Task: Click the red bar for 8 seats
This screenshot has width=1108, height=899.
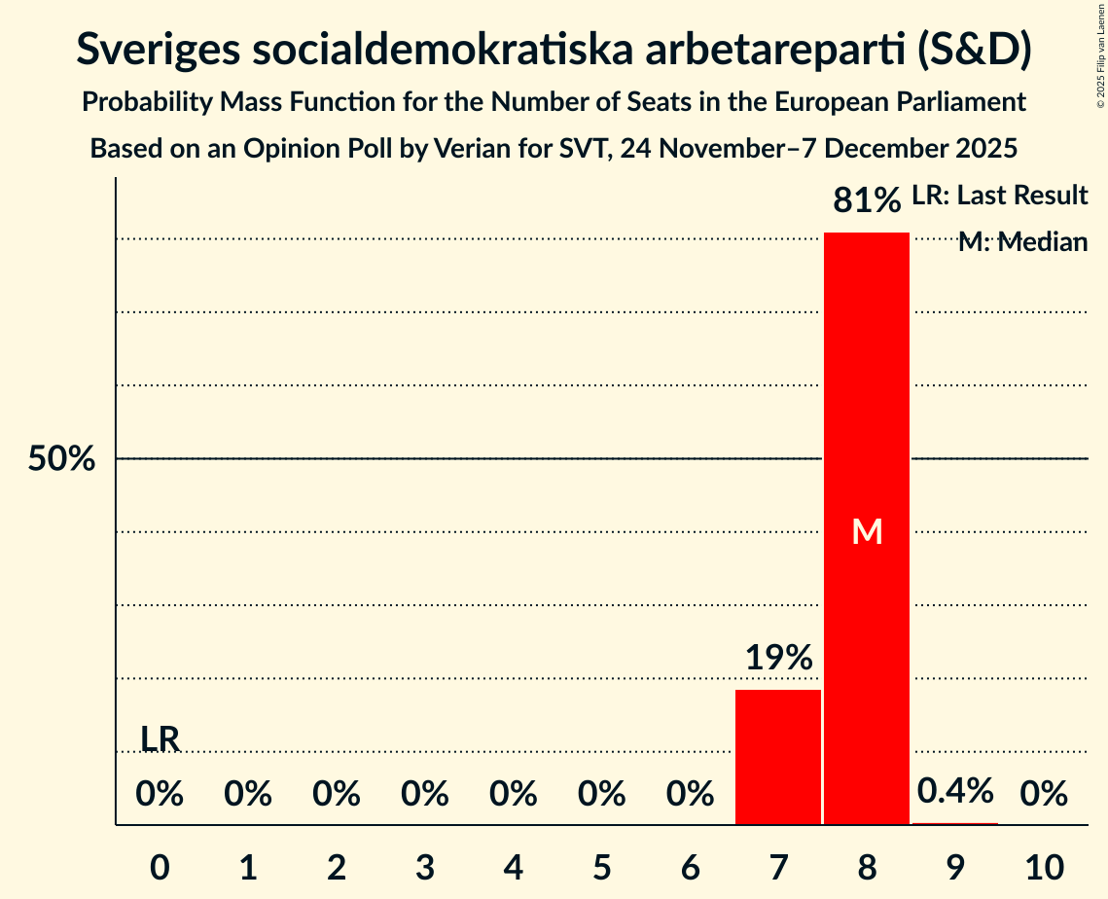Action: tap(866, 389)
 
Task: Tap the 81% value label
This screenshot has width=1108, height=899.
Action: tap(866, 201)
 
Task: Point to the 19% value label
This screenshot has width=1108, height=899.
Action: tap(778, 659)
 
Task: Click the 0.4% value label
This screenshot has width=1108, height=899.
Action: tap(955, 791)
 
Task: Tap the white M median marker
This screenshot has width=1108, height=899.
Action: tap(866, 531)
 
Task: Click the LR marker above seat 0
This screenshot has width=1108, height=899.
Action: tap(160, 739)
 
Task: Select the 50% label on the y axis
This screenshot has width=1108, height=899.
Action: tap(61, 459)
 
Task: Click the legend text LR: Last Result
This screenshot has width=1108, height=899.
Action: tap(999, 196)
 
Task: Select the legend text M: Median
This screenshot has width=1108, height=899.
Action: tap(1022, 242)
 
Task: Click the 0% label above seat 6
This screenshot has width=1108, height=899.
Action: tap(690, 795)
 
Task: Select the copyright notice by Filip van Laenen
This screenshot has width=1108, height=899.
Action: tap(1100, 68)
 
